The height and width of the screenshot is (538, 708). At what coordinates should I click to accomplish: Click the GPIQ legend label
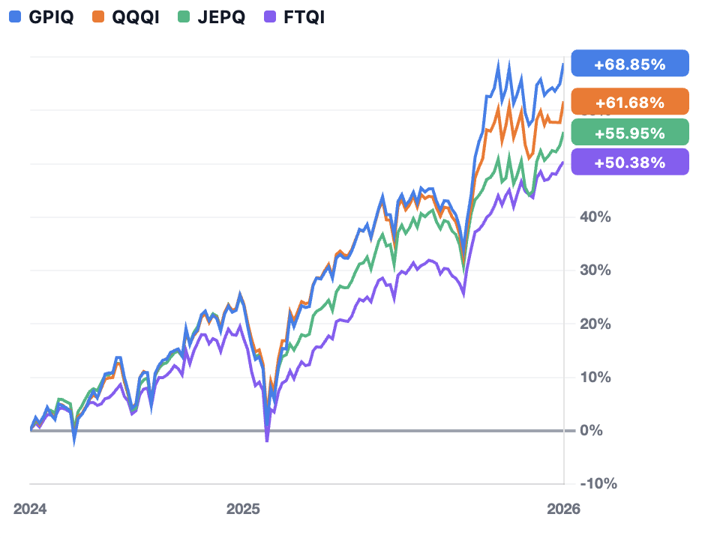click(51, 17)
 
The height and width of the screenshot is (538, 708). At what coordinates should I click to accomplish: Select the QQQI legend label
click(136, 17)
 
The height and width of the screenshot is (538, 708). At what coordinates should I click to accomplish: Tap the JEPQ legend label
click(221, 17)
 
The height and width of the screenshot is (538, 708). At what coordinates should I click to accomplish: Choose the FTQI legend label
click(304, 17)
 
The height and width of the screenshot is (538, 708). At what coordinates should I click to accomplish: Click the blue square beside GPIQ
click(15, 16)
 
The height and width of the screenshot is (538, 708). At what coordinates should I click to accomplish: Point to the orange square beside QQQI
click(98, 16)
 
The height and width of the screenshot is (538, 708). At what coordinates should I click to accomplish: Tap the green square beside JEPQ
click(184, 16)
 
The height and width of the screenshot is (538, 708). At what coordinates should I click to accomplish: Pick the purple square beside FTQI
click(269, 16)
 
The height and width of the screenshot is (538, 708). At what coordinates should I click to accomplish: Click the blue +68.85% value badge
click(630, 64)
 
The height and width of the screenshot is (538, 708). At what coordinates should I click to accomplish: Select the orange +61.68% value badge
click(630, 102)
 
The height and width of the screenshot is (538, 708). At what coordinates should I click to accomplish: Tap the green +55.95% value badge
click(630, 133)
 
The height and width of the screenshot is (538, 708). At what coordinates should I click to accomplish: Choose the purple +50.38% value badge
click(630, 162)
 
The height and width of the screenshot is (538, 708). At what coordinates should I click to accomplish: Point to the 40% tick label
click(595, 217)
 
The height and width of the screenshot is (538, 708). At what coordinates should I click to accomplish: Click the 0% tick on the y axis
click(591, 430)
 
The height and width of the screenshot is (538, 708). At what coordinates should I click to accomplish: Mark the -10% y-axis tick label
click(598, 483)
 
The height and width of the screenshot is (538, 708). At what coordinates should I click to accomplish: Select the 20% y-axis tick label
click(595, 324)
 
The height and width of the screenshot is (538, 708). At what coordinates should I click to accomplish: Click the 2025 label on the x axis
click(243, 509)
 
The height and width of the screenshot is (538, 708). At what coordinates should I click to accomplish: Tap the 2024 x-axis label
click(30, 509)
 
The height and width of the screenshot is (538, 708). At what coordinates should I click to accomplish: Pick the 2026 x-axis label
click(563, 509)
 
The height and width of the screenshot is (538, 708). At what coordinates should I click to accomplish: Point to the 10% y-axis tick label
click(595, 377)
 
